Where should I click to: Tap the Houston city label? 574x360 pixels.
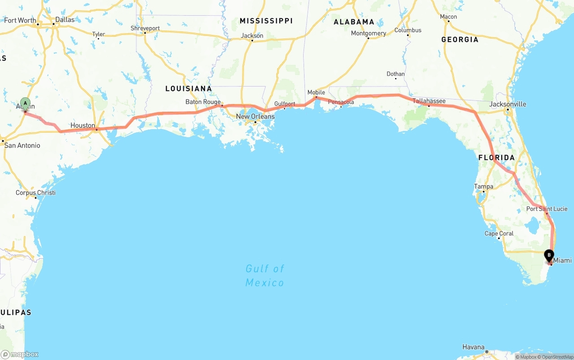[x=83, y=126]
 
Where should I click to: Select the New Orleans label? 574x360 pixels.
[x=255, y=117]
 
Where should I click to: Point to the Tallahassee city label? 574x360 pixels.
[x=429, y=101]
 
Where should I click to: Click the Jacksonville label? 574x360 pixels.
[x=508, y=104]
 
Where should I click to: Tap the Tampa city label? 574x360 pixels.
[x=483, y=187]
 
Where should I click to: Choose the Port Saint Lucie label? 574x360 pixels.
[x=547, y=209]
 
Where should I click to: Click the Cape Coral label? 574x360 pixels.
[x=499, y=234]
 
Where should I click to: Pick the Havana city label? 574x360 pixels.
[x=474, y=347]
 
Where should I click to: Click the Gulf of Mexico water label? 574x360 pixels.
[x=265, y=275]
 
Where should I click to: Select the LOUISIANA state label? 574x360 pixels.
[x=188, y=88]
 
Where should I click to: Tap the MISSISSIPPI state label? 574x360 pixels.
[x=266, y=21]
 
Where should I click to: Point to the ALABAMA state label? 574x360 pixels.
[x=354, y=22]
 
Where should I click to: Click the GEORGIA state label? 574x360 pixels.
[x=460, y=39]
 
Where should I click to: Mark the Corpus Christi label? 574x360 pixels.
[x=35, y=193]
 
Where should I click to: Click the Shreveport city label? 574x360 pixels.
[x=145, y=28]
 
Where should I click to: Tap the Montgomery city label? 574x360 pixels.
[x=368, y=33]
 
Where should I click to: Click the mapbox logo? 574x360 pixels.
[x=20, y=354]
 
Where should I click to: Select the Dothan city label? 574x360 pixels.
[x=396, y=74]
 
